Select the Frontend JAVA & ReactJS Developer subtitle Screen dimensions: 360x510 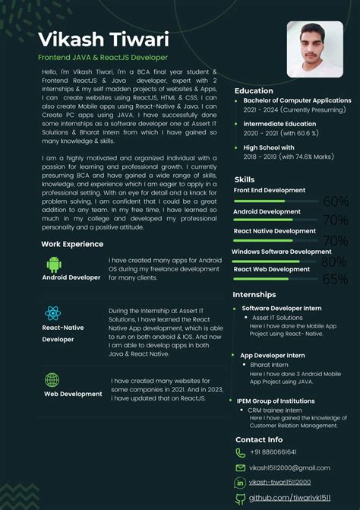point(103,58)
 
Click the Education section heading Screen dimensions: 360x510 point(253,90)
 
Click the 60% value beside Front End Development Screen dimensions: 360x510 point(335,201)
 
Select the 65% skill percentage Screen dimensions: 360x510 point(335,280)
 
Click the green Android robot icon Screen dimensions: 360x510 point(54,264)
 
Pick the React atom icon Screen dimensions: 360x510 point(52,313)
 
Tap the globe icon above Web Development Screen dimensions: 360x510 point(52,379)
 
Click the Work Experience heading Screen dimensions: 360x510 point(72,244)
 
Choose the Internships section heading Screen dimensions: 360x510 point(254,294)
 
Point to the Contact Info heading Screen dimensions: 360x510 point(259,439)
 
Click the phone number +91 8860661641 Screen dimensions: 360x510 point(274,452)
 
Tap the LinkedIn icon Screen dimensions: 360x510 point(241,483)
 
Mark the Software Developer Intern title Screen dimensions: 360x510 point(282,308)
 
